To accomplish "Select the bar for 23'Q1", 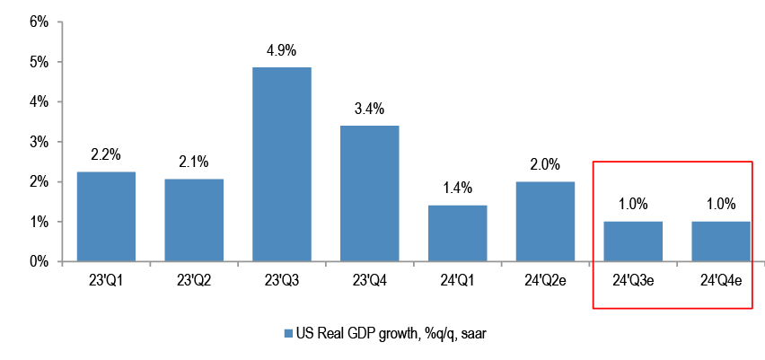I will (106, 216).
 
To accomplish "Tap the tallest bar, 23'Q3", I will (281, 164).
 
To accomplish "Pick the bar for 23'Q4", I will (369, 193).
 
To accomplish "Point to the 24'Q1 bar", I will (457, 233).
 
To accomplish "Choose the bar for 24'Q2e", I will (545, 222).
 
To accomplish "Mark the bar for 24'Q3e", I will (633, 241).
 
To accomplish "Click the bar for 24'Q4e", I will (720, 241).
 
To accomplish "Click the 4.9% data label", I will (281, 49).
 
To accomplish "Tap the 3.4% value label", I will (369, 109).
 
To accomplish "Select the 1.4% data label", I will (457, 189).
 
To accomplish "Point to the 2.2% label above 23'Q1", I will (106, 154).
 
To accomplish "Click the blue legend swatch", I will (289, 334).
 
